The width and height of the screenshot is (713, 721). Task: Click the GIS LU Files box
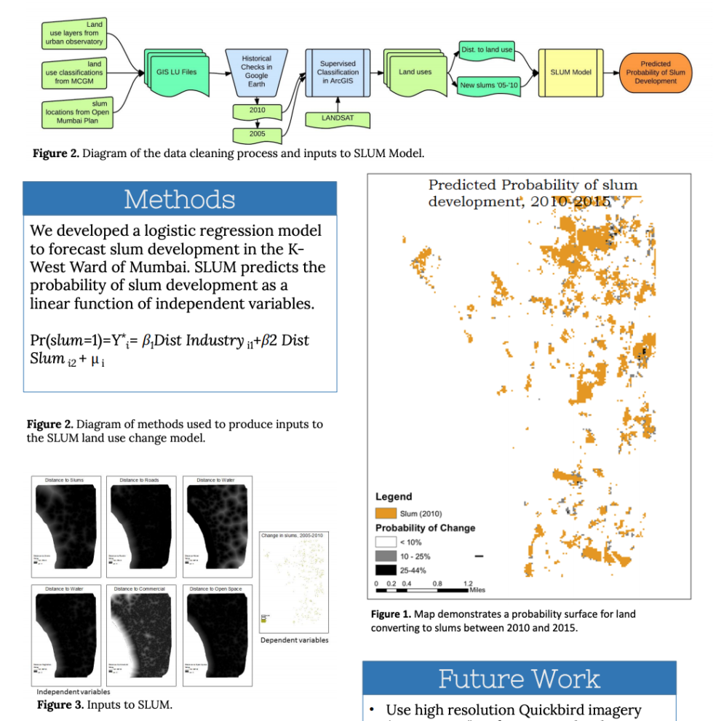(x=177, y=72)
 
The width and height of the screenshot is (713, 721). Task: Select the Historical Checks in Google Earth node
(x=256, y=71)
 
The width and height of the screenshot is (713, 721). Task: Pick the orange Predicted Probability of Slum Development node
(x=655, y=72)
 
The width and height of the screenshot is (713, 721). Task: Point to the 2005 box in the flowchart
(x=257, y=134)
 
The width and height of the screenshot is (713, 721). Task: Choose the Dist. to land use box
(x=487, y=49)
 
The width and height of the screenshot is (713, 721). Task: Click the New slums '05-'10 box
(x=487, y=85)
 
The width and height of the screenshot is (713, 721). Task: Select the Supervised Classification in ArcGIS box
(x=338, y=72)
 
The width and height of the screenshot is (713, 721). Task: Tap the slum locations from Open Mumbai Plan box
(x=76, y=112)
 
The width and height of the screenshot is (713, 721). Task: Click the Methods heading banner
(x=180, y=199)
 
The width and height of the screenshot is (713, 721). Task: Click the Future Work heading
(x=519, y=678)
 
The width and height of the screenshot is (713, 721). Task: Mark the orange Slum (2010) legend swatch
(x=386, y=514)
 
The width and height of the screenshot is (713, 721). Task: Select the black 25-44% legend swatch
(x=386, y=570)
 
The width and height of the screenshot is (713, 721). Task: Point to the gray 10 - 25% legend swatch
(x=386, y=557)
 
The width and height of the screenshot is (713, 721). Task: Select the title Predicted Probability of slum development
(x=532, y=193)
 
